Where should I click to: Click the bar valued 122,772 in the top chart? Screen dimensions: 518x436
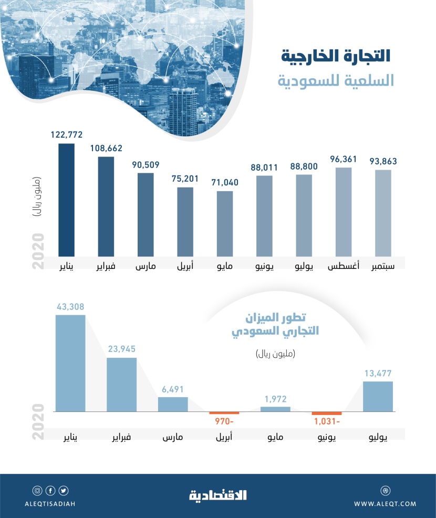tap(66, 200)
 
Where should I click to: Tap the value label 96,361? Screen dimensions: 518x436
tap(344, 158)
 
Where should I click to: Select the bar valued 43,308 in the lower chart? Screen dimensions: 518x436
tap(70, 362)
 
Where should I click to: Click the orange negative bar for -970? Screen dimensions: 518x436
tap(224, 413)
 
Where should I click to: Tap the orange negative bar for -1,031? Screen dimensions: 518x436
tap(326, 413)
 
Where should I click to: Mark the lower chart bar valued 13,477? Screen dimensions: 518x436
tap(378, 396)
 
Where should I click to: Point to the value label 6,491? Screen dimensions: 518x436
tap(173, 389)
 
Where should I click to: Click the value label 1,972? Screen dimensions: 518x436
tap(275, 399)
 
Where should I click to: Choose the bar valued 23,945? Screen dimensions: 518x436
tap(122, 384)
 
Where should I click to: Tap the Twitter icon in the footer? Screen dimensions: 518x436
tap(64, 491)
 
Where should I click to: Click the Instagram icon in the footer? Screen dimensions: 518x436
tap(37, 491)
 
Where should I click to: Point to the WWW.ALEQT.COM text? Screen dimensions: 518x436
tap(385, 504)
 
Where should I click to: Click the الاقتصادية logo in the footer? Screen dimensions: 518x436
tap(217, 494)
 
